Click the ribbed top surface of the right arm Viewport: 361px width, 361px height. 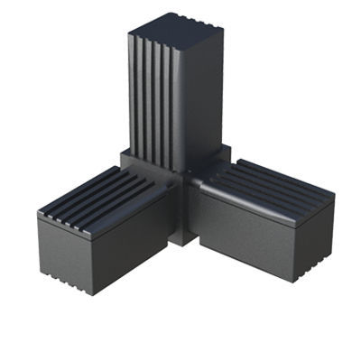tap(271, 185)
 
